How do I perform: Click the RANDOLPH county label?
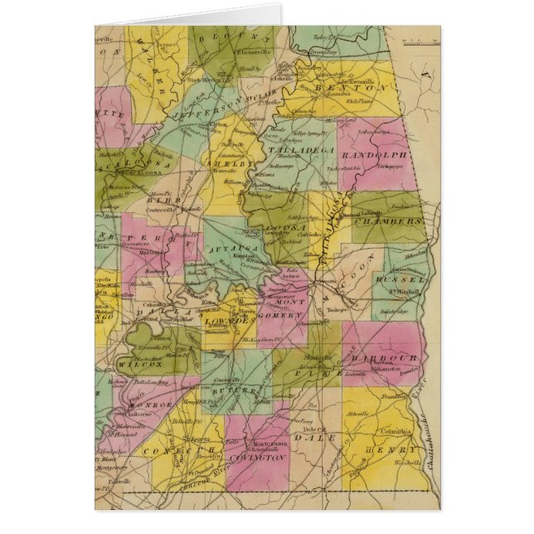[381, 155]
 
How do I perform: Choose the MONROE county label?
[150, 404]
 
